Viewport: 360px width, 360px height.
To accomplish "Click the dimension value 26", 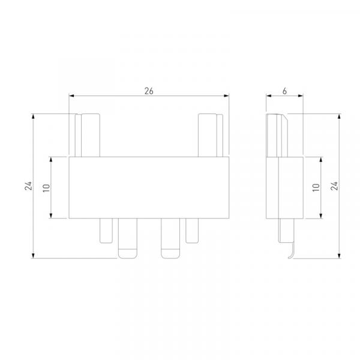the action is [x=149, y=91].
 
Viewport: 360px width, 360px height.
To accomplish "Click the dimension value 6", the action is [x=284, y=91].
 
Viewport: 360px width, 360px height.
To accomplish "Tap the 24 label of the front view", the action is [x=28, y=186].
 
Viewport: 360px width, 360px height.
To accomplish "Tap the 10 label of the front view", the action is [x=47, y=188].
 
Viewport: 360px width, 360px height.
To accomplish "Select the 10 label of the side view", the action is [x=316, y=188].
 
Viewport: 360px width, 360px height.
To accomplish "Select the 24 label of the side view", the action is [x=335, y=186].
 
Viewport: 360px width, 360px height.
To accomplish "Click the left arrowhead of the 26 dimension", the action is [x=71, y=95].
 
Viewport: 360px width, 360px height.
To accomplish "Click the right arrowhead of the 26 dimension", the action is [x=226, y=95].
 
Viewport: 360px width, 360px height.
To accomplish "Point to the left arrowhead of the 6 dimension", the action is [x=269, y=95].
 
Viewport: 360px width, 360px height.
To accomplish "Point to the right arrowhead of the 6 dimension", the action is [x=301, y=95].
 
